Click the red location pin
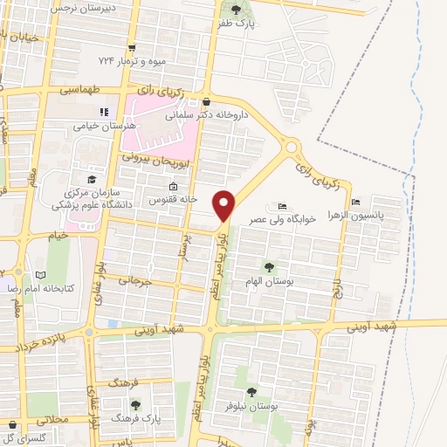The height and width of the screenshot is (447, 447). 225,206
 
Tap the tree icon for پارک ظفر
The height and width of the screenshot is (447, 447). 233,11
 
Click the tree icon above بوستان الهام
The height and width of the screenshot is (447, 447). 268,267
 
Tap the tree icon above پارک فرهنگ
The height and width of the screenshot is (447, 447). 135,403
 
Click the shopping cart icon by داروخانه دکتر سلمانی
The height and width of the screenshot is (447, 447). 206,101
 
